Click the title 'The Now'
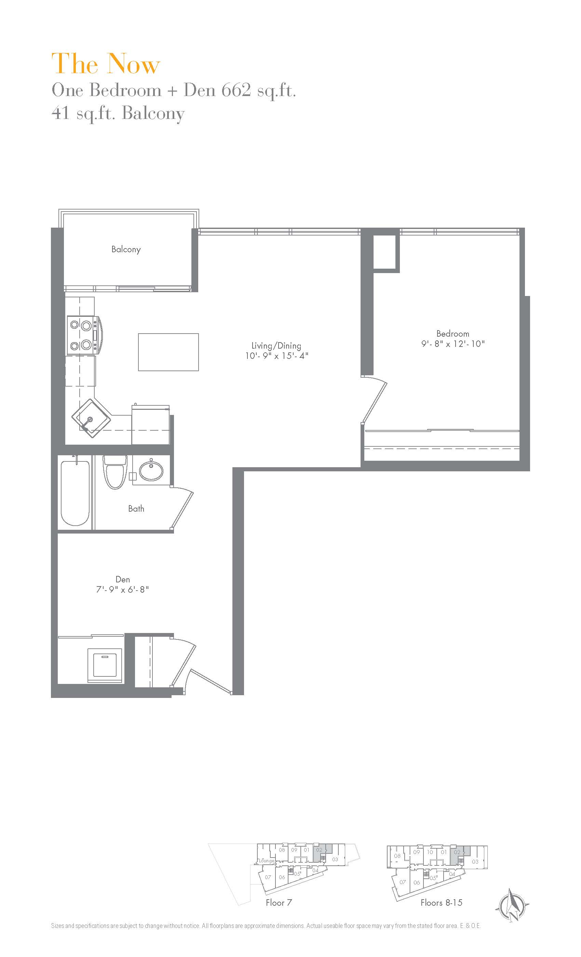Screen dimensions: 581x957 pyautogui.click(x=106, y=64)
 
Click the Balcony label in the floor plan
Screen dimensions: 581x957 pyautogui.click(x=126, y=250)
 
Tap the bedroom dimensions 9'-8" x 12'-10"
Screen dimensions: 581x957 pyautogui.click(x=453, y=344)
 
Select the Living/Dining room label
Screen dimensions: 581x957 pyautogui.click(x=276, y=346)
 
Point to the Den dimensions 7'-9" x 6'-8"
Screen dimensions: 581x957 pyautogui.click(x=123, y=590)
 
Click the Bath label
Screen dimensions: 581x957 pyautogui.click(x=136, y=509)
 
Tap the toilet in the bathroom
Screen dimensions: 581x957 pyautogui.click(x=114, y=472)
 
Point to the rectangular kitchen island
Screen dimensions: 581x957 pyautogui.click(x=168, y=352)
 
